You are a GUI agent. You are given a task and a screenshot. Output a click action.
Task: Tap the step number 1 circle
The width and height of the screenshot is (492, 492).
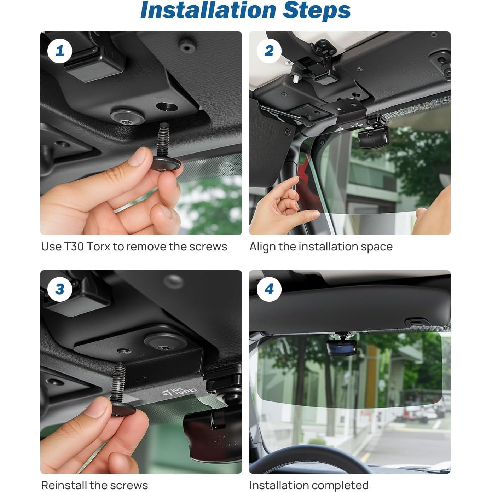[x=60, y=51]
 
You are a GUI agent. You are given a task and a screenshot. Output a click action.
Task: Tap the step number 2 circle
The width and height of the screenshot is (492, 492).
[x=269, y=51]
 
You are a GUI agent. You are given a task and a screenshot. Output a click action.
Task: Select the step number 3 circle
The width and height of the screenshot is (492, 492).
[x=60, y=289]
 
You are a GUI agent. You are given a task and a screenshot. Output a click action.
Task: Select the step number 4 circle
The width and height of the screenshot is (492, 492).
[x=269, y=289]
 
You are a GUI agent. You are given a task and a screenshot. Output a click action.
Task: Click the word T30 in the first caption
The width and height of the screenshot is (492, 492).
[x=74, y=247]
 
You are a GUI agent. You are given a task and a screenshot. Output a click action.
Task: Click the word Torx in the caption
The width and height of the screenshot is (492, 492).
[x=98, y=247]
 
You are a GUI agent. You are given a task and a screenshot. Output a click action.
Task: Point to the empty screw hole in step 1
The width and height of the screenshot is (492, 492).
[x=166, y=106]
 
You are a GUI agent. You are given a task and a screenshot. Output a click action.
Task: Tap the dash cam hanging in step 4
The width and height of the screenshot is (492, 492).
[x=341, y=346]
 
